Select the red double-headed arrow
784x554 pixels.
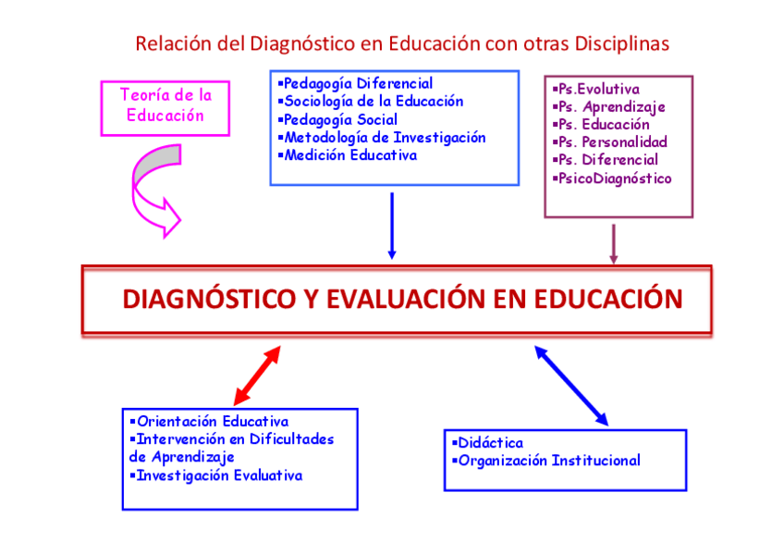click(x=257, y=375)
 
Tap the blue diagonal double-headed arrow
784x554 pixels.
click(x=571, y=385)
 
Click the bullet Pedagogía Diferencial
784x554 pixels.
click(x=357, y=84)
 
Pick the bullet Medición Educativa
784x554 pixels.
click(x=349, y=155)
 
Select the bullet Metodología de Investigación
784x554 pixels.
click(x=384, y=138)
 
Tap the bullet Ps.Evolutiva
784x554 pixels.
click(x=596, y=90)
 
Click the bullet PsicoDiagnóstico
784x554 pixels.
click(x=613, y=179)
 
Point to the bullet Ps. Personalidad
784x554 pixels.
click(x=611, y=142)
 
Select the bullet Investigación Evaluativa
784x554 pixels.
click(x=218, y=475)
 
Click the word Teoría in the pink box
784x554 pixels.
click(x=146, y=95)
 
